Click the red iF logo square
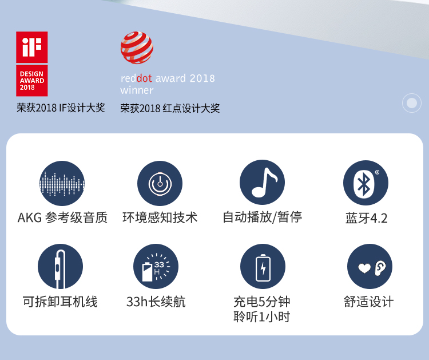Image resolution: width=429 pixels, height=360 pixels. click(31, 47)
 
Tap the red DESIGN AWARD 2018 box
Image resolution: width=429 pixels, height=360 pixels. click(31, 81)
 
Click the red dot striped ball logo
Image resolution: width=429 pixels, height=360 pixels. click(137, 48)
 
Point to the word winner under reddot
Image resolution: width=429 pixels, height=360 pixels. click(137, 90)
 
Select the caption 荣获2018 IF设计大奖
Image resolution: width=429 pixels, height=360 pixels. click(61, 108)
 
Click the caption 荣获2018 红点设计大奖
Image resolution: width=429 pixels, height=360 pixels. click(170, 108)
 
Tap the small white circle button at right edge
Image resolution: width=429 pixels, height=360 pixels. click(412, 103)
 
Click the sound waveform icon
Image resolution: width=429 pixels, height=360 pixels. click(62, 183)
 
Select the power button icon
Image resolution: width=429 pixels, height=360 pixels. click(160, 183)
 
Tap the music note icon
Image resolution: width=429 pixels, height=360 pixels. click(262, 183)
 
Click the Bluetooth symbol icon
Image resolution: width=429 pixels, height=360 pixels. click(366, 183)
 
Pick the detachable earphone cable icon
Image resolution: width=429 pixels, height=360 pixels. click(60, 266)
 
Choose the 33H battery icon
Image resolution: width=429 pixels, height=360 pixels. click(156, 266)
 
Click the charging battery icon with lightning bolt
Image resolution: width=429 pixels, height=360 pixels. click(263, 266)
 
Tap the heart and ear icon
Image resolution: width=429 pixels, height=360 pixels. click(370, 266)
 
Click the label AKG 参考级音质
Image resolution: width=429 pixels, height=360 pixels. click(63, 217)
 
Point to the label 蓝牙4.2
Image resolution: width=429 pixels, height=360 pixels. click(366, 218)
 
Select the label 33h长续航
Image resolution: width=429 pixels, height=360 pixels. click(156, 302)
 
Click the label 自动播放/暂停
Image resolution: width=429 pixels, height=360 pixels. click(263, 217)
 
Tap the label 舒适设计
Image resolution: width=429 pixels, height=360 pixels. click(369, 302)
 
